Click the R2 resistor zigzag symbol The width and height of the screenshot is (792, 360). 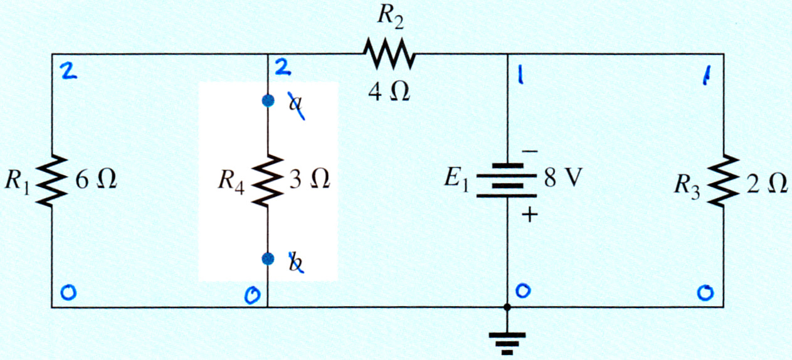point(389,53)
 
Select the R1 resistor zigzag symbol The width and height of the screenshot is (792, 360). point(51,181)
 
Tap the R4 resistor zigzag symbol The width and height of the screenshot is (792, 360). point(267,181)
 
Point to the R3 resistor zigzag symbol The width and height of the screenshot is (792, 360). point(723,181)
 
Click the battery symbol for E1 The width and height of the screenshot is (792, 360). point(507,181)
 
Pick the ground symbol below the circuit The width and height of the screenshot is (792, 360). point(507,343)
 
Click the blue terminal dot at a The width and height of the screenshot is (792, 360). point(268,101)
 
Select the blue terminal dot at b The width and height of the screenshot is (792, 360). point(268,259)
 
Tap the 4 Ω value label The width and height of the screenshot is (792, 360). point(389,93)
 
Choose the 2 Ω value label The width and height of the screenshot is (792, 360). point(767,184)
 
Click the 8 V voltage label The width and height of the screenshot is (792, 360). point(563,177)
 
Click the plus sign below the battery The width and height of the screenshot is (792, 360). point(530,214)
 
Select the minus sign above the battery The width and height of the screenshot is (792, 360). point(530,152)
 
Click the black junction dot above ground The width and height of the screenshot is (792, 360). point(507,307)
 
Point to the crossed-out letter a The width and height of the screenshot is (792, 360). point(295,105)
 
